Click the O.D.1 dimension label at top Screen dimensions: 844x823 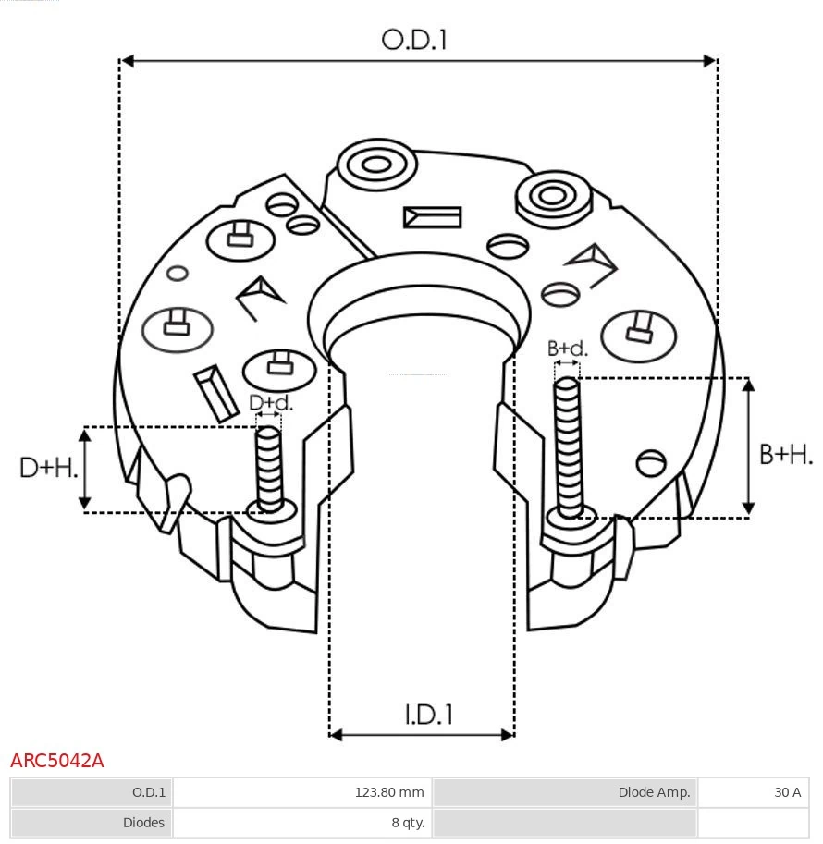414,39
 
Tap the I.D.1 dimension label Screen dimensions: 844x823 429,714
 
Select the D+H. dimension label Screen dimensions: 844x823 48,468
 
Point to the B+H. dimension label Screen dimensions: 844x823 786,454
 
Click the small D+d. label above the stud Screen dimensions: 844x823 271,403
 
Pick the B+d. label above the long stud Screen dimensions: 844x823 567,349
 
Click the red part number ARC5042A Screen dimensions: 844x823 57,761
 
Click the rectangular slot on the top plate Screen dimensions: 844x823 432,217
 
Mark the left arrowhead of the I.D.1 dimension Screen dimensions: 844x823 336,735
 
